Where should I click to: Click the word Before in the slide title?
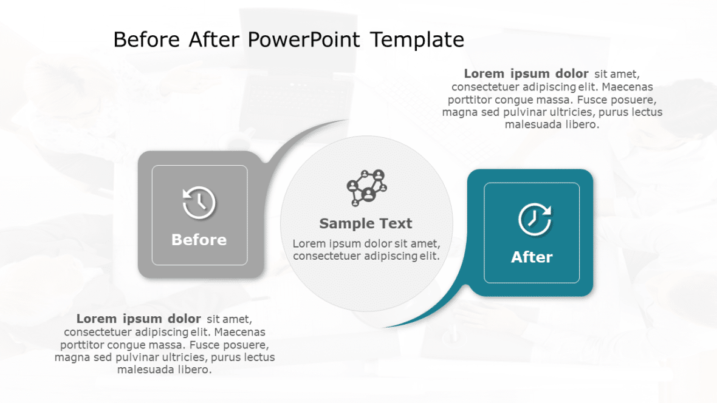[146, 40]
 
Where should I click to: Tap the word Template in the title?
[417, 40]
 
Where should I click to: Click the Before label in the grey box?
[199, 240]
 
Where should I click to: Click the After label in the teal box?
[532, 257]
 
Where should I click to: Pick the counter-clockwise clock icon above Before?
[199, 203]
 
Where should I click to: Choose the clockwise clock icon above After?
[535, 218]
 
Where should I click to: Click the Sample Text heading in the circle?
[366, 223]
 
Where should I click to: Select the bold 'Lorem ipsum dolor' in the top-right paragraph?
[526, 74]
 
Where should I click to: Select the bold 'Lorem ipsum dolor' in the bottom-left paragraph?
[139, 319]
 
